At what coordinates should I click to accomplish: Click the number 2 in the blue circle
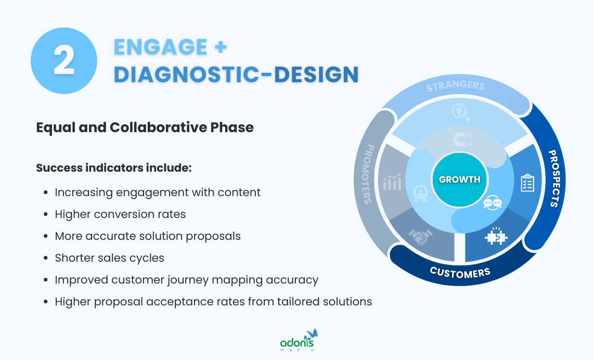(x=64, y=61)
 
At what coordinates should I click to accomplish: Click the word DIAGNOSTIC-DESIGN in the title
(x=236, y=74)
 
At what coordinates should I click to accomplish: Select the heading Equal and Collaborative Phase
(x=145, y=127)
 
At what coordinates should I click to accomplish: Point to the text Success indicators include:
(x=114, y=168)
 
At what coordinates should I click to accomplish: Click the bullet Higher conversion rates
(x=120, y=214)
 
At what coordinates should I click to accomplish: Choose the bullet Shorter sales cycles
(x=109, y=258)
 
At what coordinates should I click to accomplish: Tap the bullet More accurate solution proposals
(x=148, y=236)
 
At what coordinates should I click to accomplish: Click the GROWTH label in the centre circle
(x=459, y=179)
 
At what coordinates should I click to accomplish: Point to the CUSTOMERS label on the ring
(x=460, y=272)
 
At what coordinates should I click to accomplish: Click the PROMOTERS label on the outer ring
(x=366, y=174)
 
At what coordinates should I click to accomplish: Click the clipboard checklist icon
(x=527, y=183)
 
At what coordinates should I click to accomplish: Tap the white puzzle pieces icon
(x=496, y=237)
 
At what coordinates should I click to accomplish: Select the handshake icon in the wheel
(x=420, y=238)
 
